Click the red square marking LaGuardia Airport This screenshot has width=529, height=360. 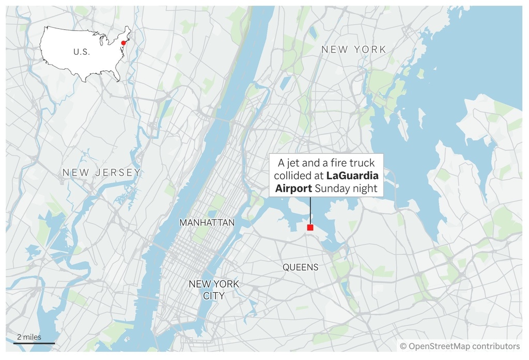pos(310,227)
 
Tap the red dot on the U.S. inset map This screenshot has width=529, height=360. pos(123,43)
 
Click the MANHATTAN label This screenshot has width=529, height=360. pos(207,223)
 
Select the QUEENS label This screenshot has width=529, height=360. pos(300,268)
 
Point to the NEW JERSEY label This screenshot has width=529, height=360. pos(101,173)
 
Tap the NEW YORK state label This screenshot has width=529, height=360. pos(353,50)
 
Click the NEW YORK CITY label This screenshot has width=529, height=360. pos(214,290)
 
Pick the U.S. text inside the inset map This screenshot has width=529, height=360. pos(81,52)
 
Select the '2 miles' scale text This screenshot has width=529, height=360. pos(29,337)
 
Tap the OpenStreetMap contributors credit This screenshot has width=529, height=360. pos(460,346)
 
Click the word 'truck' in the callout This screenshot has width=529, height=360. pos(362,163)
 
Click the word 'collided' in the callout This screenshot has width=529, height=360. pos(293,176)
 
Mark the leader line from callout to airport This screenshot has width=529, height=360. pos(310,210)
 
